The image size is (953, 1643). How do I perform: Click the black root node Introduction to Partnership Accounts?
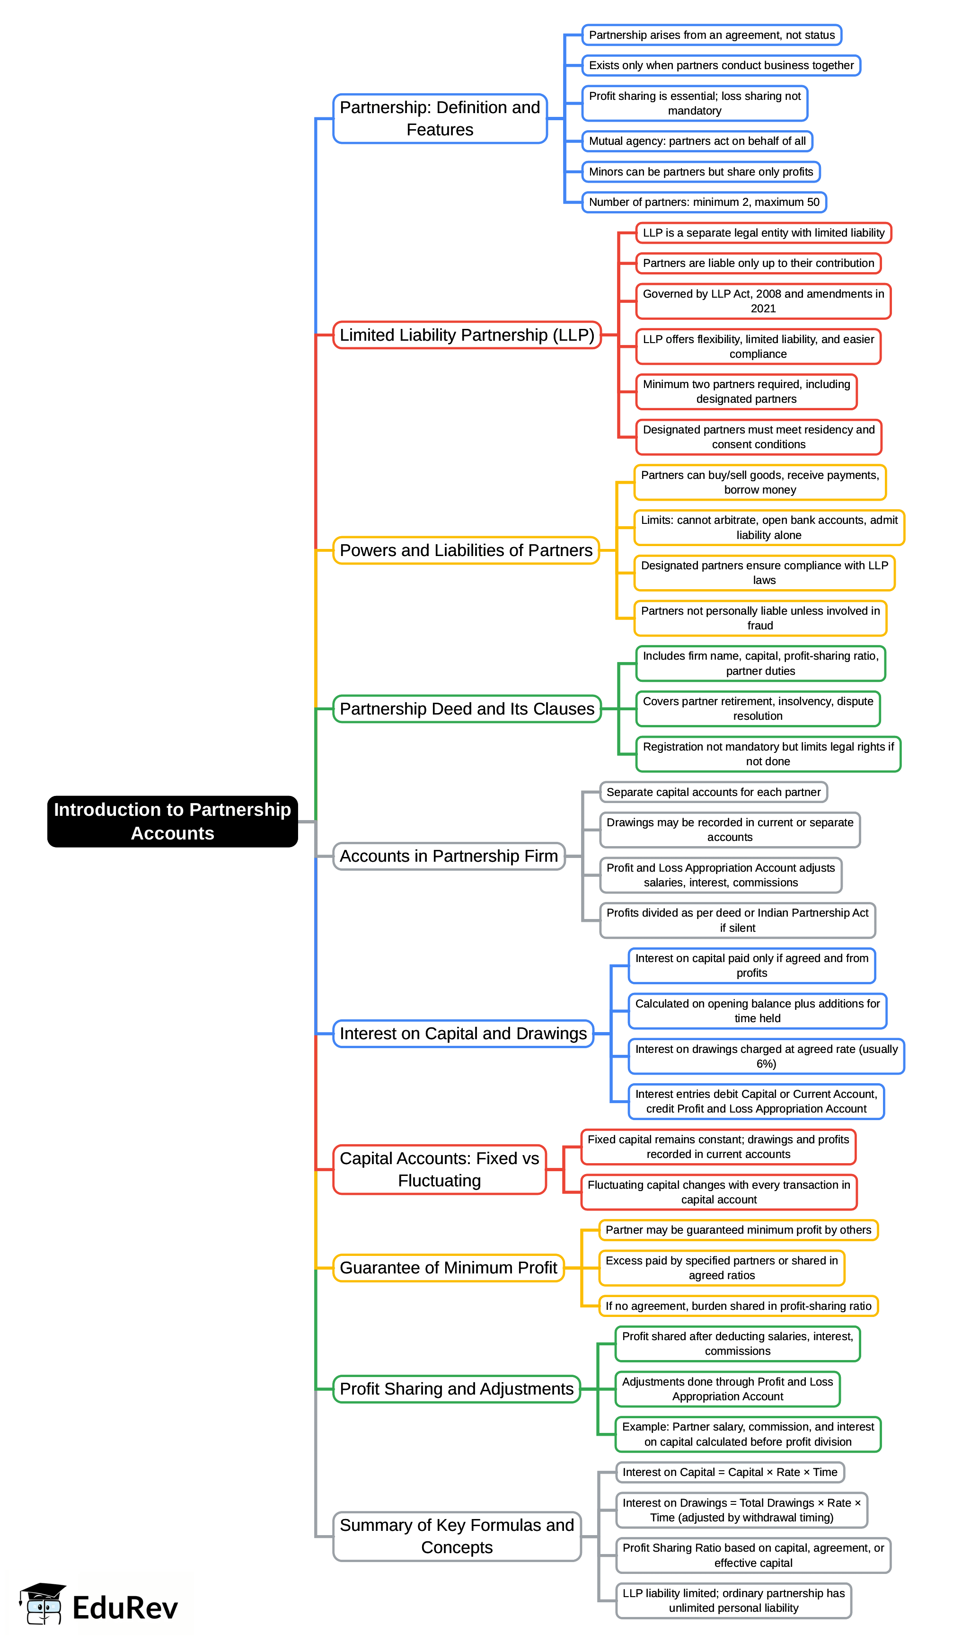pos(172,821)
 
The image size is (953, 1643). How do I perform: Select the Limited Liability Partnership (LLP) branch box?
pos(467,335)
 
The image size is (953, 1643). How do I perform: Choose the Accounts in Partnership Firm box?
pos(449,856)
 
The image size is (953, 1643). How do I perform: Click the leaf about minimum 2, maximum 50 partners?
pos(704,202)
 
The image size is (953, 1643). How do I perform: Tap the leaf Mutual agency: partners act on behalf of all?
pos(697,141)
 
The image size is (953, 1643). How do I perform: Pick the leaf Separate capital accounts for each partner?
pos(713,792)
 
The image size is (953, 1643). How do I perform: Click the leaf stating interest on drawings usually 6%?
pos(766,1056)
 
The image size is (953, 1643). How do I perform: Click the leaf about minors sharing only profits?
pos(701,171)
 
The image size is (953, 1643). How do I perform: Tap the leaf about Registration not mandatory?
pos(768,754)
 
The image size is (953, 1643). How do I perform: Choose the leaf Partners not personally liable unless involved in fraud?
pos(760,618)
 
